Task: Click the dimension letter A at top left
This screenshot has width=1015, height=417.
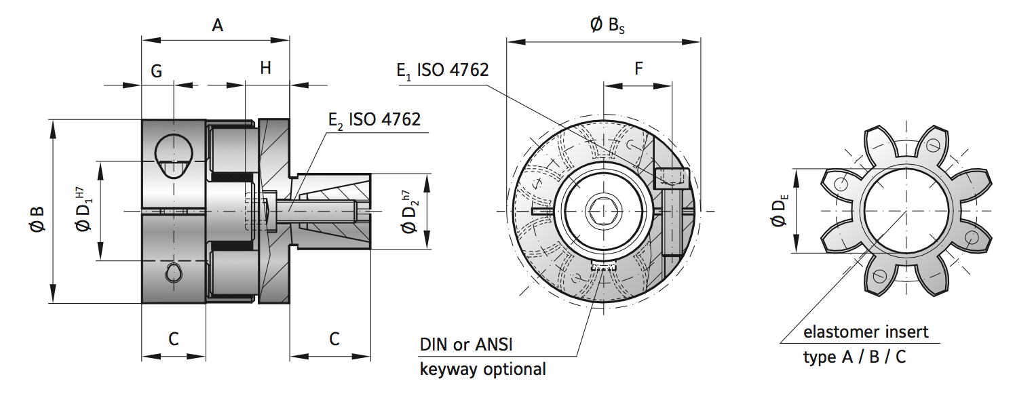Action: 217,26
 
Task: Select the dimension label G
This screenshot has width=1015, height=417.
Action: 157,71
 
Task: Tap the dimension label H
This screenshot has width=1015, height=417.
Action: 265,68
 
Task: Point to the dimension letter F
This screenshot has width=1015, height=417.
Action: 638,68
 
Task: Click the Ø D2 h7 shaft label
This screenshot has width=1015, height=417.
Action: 409,212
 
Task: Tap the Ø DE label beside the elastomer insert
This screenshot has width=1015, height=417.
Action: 780,211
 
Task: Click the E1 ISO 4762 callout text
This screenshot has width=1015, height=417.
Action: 442,71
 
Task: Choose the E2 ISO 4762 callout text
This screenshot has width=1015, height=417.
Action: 375,120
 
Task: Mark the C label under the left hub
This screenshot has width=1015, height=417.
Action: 174,339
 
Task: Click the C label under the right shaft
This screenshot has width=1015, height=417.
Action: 334,339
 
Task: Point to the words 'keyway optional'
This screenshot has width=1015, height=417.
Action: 483,370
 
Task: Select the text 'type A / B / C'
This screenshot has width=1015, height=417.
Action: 854,357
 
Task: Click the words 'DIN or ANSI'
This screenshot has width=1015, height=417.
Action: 466,344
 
